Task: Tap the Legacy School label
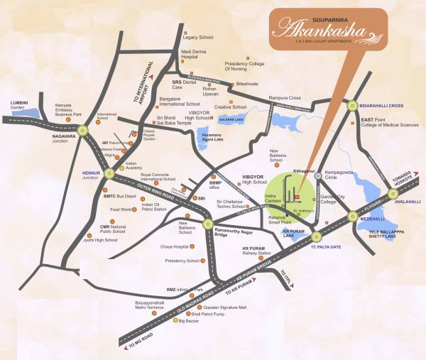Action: (199, 36)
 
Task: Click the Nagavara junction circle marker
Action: (84, 129)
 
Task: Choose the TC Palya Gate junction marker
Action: (317, 236)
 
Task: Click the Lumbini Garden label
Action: (18, 105)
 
